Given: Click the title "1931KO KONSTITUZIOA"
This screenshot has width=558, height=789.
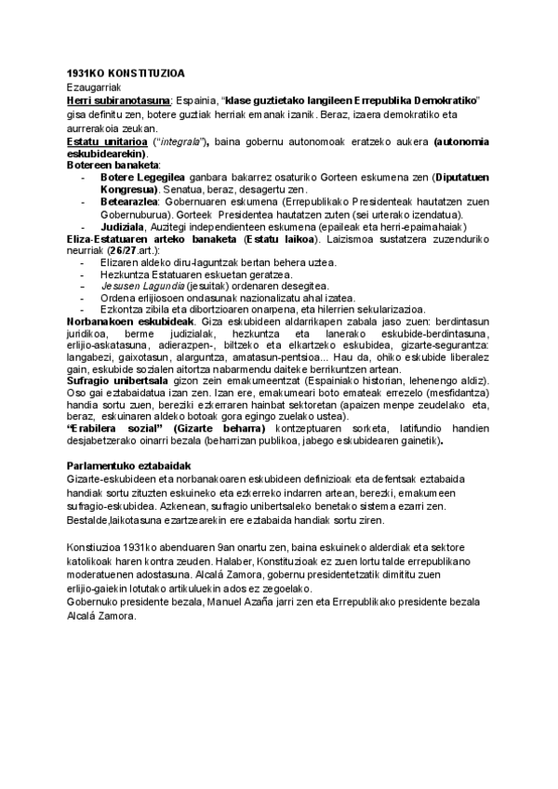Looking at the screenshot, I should (126, 73).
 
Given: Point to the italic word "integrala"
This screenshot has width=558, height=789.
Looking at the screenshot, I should (181, 140).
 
